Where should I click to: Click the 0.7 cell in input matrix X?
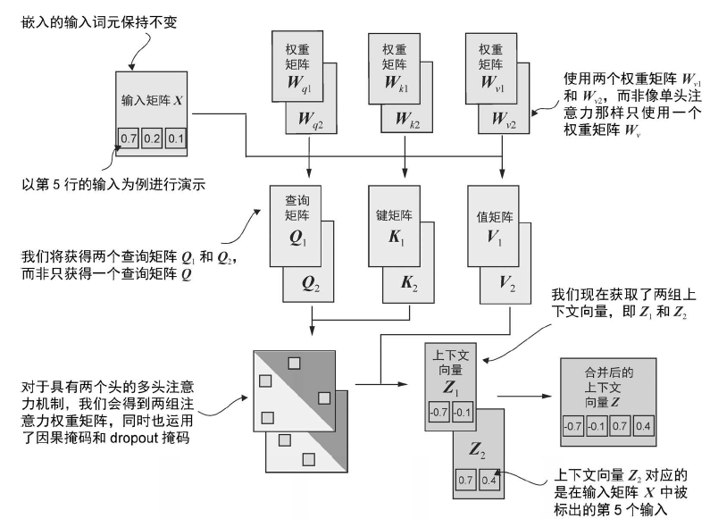(130, 138)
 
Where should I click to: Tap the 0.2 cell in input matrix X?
(153, 138)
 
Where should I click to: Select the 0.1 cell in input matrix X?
(175, 138)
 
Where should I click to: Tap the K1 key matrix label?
(395, 238)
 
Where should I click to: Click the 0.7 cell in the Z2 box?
(466, 480)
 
